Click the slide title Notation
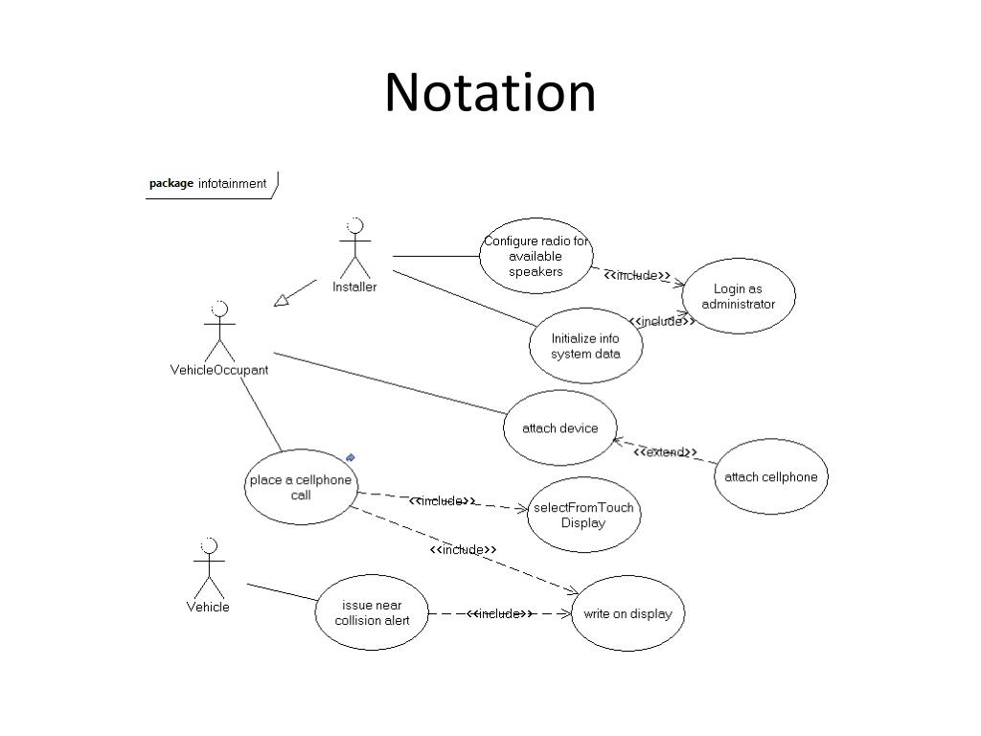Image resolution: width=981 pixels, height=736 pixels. (490, 92)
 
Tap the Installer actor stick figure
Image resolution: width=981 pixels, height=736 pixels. (354, 248)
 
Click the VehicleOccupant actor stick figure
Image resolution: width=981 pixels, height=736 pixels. (219, 332)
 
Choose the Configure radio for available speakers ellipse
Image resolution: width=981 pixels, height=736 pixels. (536, 256)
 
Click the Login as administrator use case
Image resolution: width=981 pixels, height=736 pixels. (738, 296)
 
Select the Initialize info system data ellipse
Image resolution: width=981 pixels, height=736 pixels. (585, 346)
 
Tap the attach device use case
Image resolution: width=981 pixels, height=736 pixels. (559, 428)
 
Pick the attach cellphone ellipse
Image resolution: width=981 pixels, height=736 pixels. (770, 477)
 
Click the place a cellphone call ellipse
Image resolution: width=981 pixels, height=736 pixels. (300, 487)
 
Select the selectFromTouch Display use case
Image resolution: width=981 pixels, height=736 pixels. (583, 515)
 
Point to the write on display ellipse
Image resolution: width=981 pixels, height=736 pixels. (627, 613)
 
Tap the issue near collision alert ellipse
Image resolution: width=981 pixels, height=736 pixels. (372, 612)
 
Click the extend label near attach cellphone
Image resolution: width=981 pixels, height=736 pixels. (665, 452)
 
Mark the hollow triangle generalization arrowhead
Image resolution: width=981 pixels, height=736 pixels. (281, 301)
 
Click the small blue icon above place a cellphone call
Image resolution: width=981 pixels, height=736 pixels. (351, 458)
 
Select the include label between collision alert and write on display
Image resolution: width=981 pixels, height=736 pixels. (499, 613)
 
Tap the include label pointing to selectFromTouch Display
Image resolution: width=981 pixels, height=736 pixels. (442, 501)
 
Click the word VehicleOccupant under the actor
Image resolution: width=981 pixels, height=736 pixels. (219, 370)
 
